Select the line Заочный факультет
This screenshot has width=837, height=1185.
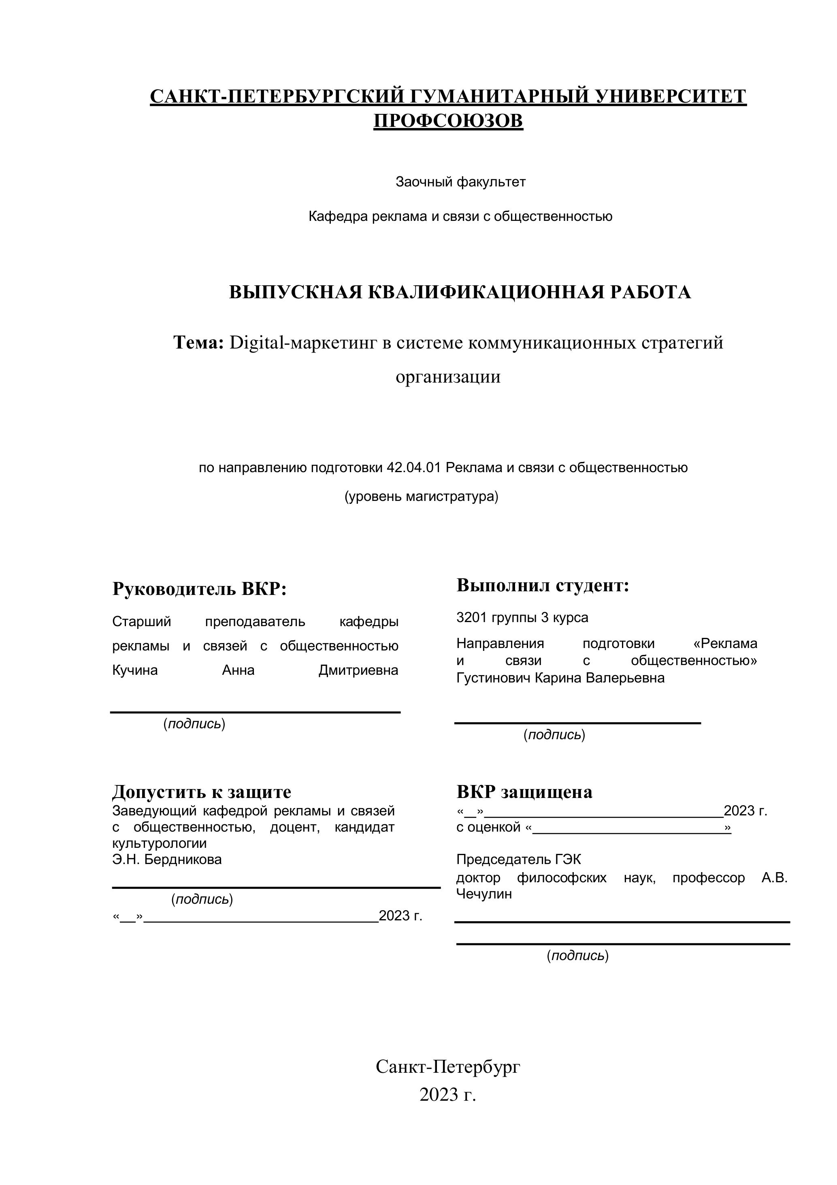tap(460, 182)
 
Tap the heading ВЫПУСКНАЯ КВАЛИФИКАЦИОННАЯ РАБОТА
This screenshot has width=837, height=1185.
tap(460, 292)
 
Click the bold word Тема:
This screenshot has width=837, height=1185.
tap(198, 342)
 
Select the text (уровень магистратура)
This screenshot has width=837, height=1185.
tap(422, 496)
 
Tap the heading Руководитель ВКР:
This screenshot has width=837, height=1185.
tap(199, 589)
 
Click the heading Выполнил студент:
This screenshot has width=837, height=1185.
tap(543, 585)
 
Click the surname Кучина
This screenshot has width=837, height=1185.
tap(135, 670)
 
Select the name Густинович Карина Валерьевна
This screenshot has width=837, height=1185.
tap(560, 678)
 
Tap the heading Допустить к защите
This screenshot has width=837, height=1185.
tap(202, 792)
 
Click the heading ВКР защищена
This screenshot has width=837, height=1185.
tap(524, 792)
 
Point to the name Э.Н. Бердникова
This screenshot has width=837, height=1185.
tap(167, 859)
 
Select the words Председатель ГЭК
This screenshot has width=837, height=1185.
tap(518, 859)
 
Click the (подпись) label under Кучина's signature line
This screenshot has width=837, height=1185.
tap(194, 723)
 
